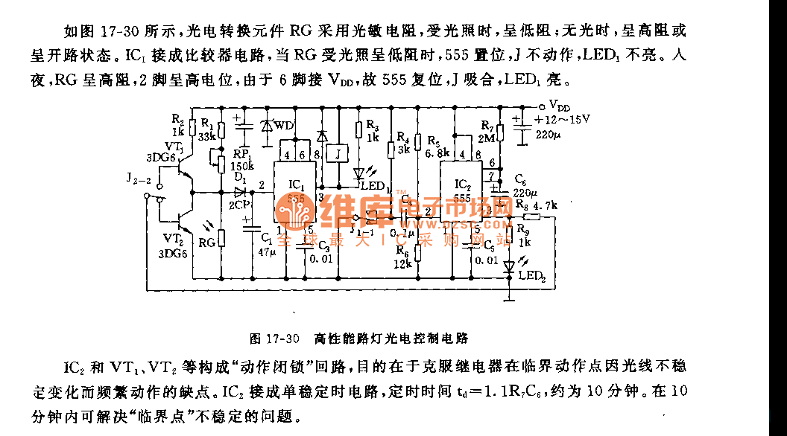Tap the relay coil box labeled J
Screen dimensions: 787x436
338,154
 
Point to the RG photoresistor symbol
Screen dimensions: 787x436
221,238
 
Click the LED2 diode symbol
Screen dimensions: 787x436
510,266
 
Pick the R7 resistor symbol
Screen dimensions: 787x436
501,132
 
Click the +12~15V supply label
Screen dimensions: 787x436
563,119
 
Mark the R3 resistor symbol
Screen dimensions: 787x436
360,135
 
